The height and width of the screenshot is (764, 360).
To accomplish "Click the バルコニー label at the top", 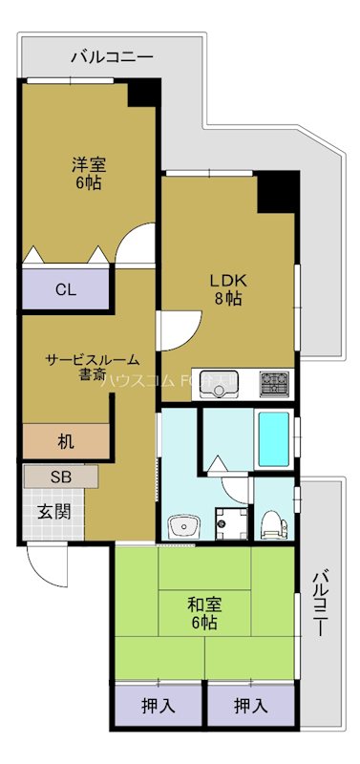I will [112, 57].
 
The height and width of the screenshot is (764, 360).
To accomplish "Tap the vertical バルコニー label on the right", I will [321, 604].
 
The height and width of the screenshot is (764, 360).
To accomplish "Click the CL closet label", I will [66, 288].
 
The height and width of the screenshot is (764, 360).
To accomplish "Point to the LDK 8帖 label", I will [229, 288].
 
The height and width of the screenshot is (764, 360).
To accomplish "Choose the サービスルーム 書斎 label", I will [93, 368].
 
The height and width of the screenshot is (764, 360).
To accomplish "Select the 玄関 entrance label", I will [53, 511].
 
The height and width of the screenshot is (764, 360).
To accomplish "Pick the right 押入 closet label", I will [249, 707].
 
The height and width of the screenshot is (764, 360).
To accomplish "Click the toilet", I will [274, 521].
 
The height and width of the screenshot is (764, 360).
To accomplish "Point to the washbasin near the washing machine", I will [181, 524].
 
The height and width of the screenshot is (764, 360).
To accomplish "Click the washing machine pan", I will [228, 523].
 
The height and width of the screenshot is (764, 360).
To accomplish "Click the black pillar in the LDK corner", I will [277, 193].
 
